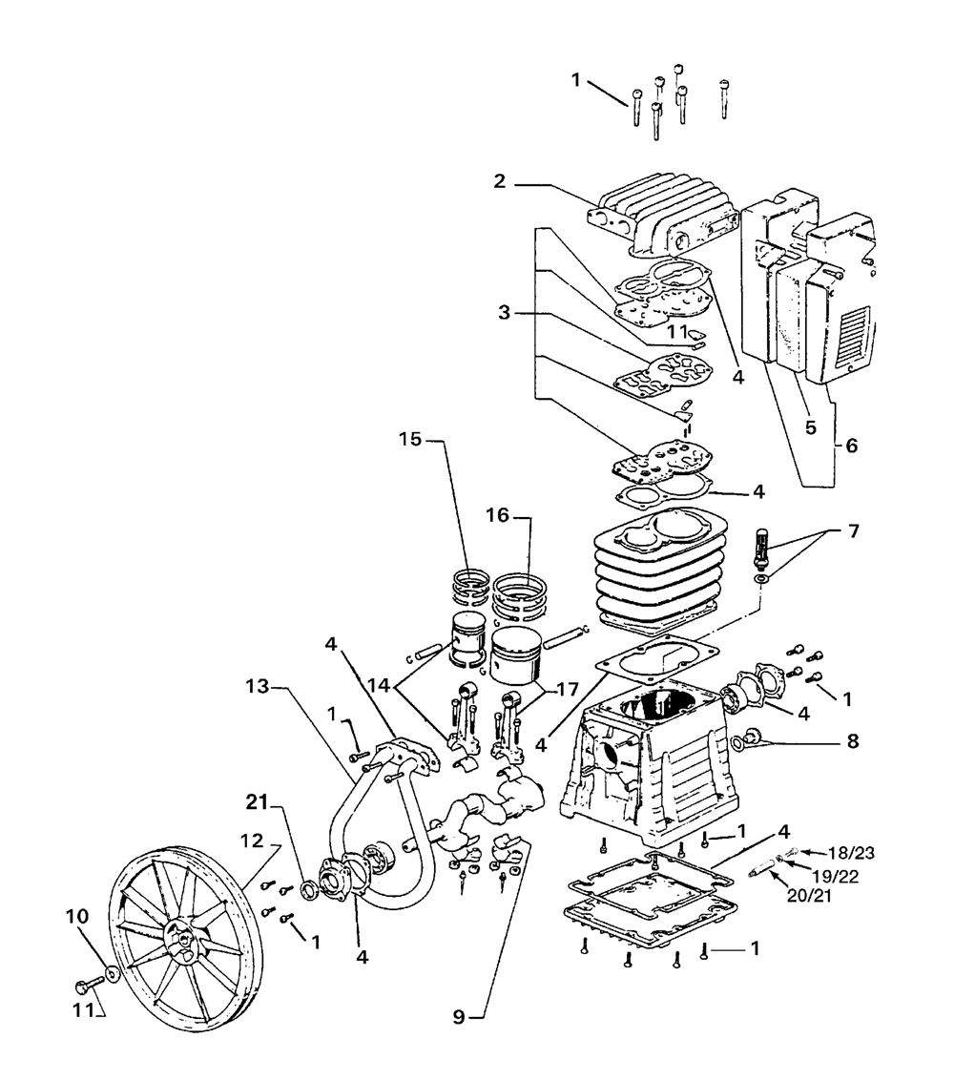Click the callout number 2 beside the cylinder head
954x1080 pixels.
tap(500, 182)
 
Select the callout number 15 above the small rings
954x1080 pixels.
tap(410, 439)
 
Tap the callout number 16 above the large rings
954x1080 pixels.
tap(497, 515)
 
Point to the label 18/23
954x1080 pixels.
tap(852, 853)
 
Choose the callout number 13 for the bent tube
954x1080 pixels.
tap(259, 687)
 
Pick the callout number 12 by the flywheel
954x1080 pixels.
tap(253, 841)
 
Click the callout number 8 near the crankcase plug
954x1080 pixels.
tap(853, 741)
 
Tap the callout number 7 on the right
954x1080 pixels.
tap(854, 531)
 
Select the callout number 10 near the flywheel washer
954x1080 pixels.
tap(77, 917)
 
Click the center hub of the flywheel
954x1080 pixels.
tap(180, 938)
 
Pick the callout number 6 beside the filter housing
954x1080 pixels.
tap(852, 446)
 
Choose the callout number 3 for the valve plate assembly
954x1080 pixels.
tap(505, 313)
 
